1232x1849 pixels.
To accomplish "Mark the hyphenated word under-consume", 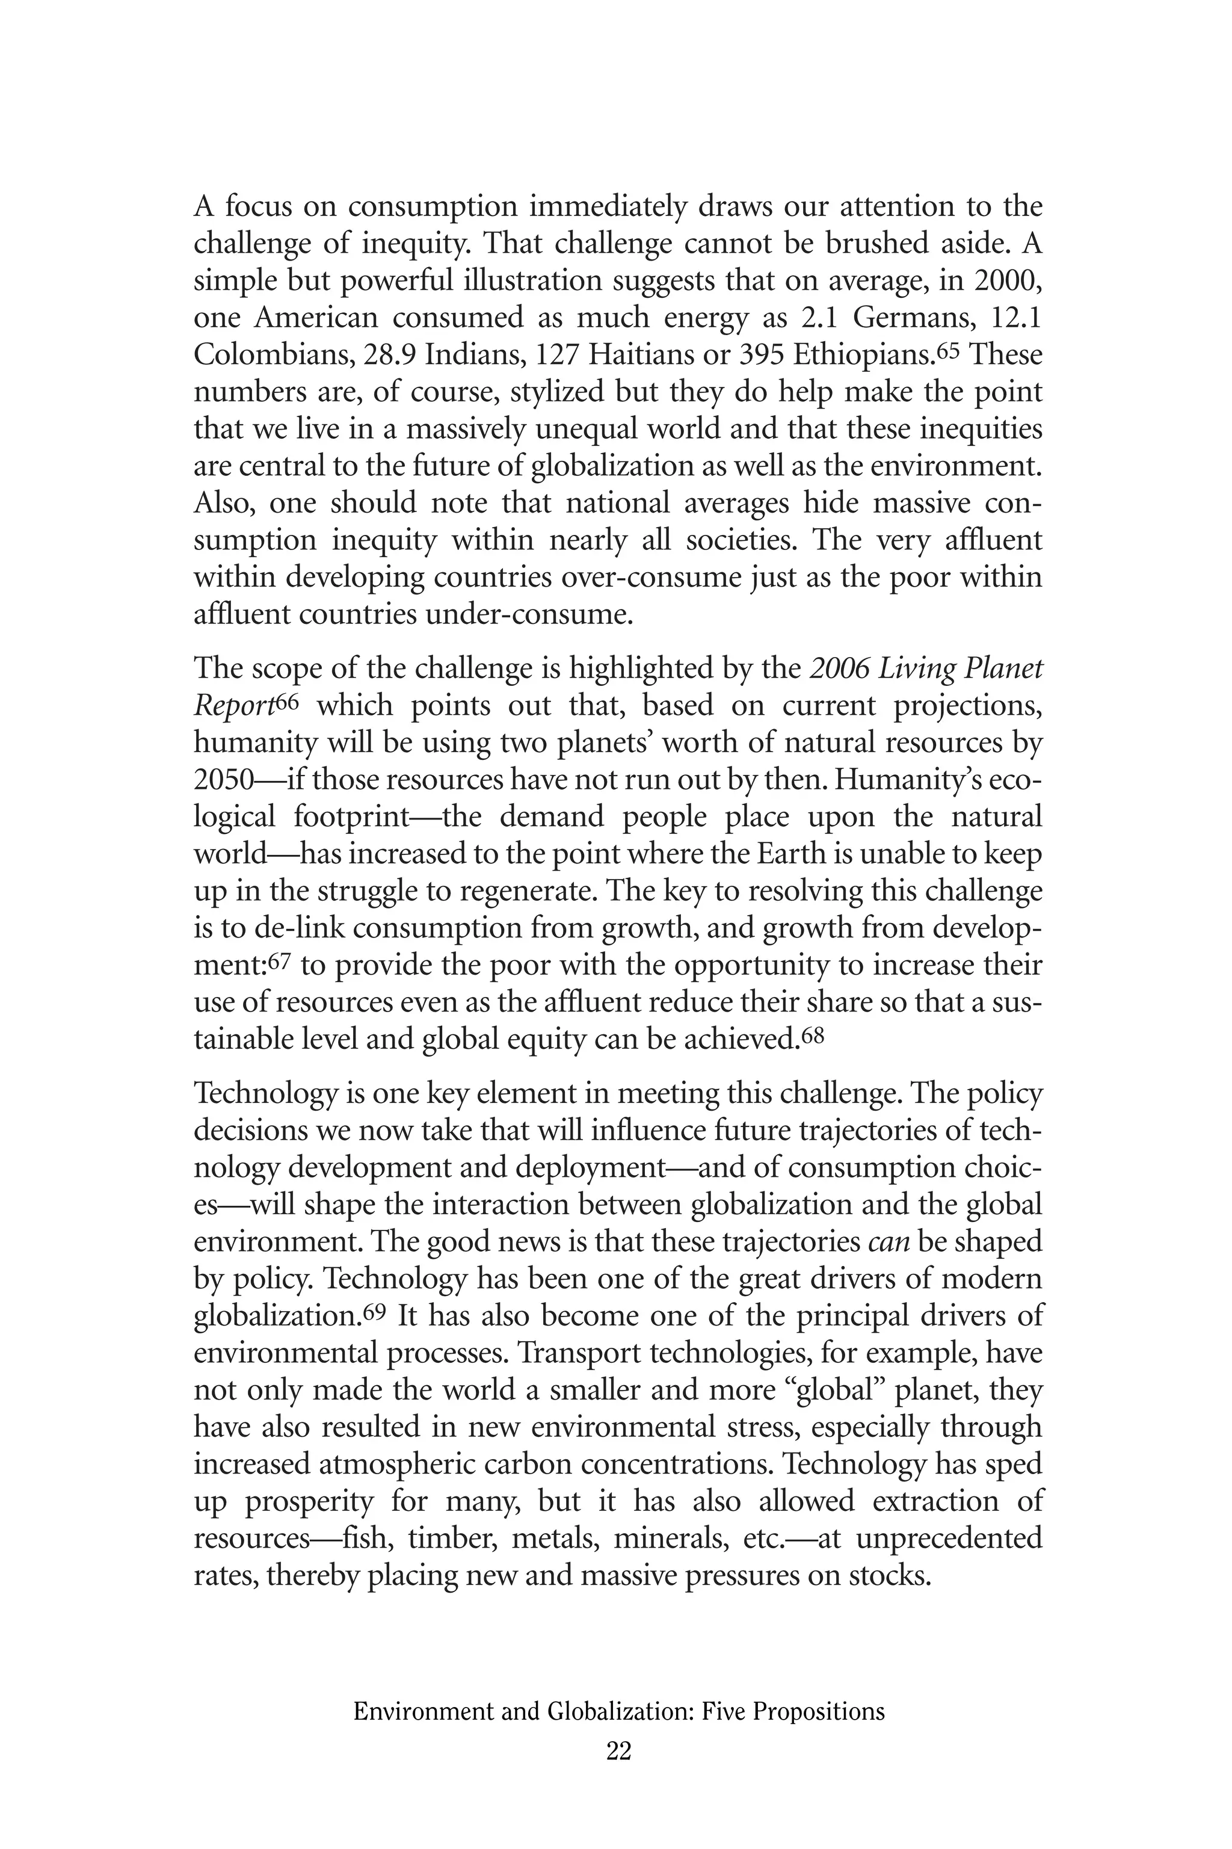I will coord(529,614).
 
